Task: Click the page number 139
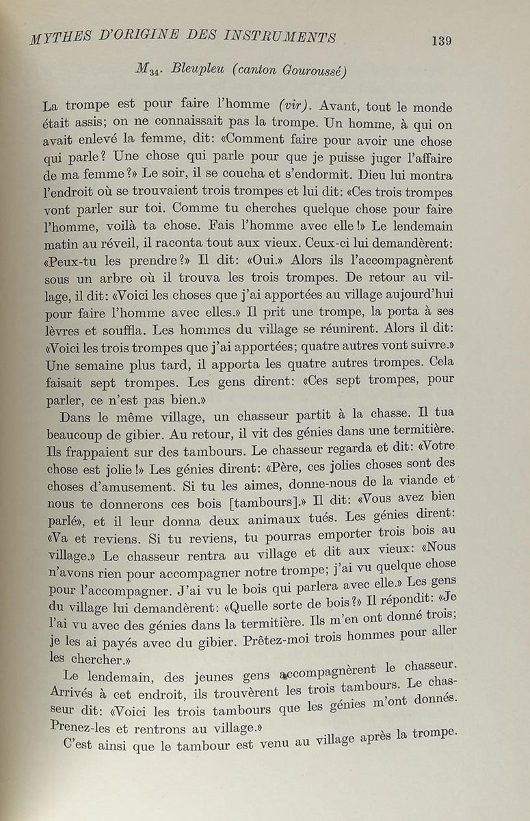tap(441, 40)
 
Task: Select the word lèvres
tap(64, 330)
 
